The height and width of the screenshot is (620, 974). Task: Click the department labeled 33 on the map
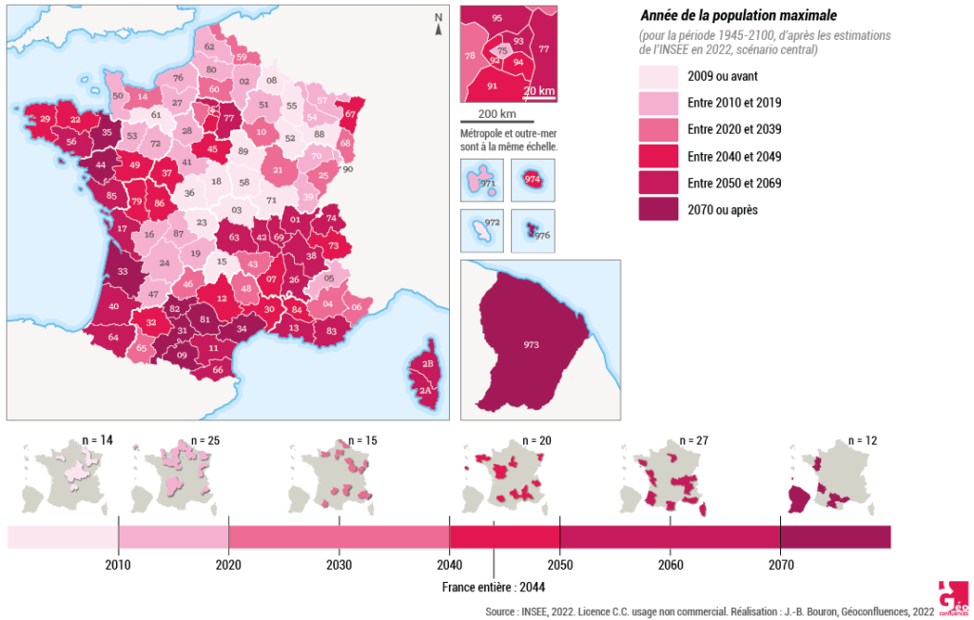click(123, 271)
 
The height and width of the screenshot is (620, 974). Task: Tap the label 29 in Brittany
click(45, 119)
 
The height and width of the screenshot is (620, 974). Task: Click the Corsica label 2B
click(428, 364)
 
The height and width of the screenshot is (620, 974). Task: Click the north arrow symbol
click(438, 24)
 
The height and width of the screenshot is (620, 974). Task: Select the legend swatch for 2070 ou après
click(657, 210)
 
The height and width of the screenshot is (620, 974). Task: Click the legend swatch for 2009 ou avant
click(657, 77)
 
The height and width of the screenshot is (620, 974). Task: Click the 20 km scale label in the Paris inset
click(539, 91)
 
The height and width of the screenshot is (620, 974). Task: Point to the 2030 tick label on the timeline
click(339, 564)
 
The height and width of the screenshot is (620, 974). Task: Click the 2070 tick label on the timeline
click(780, 564)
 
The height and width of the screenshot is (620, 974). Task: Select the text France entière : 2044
click(493, 587)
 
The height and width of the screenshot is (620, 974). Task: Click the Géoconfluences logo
click(951, 595)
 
